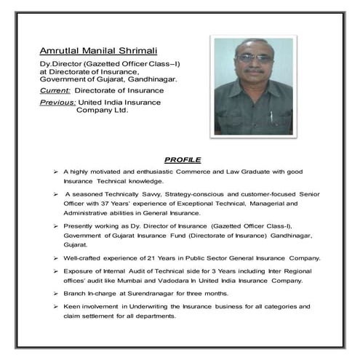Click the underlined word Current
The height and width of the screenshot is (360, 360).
55,90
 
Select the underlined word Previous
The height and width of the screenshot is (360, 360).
57,103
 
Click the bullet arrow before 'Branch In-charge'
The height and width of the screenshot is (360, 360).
55,293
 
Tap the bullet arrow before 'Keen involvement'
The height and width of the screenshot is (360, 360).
55,307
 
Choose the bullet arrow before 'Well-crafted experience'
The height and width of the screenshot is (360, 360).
55,258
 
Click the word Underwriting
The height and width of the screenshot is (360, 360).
140,307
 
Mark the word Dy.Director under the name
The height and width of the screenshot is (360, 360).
61,64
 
